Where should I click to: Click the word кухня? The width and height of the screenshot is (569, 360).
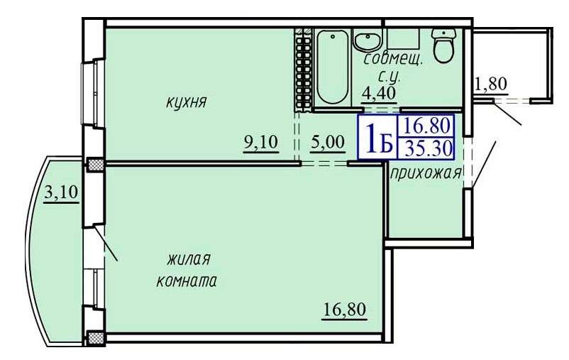[x=186, y=103]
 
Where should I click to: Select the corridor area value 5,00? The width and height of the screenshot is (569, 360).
[x=328, y=141]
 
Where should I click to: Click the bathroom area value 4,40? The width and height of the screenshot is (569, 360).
[x=378, y=92]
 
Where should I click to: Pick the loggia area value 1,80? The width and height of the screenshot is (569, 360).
[x=490, y=85]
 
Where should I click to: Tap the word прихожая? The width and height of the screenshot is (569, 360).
[x=424, y=173]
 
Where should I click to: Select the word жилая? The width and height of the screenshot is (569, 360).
[x=189, y=259]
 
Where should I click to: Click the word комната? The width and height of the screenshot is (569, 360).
[x=186, y=280]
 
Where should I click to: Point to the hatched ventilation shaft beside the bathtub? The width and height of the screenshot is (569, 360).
[x=303, y=69]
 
